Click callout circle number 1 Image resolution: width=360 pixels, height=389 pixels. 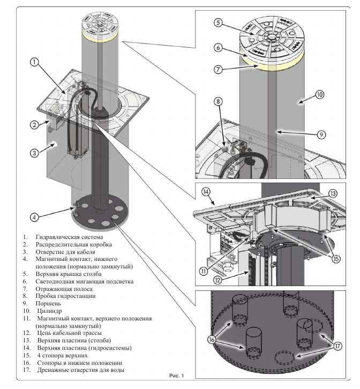[34, 62]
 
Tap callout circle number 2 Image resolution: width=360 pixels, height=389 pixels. [33, 125]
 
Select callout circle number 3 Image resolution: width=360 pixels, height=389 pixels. [34, 152]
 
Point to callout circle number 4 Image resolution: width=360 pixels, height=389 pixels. [34, 217]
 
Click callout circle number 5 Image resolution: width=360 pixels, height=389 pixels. [217, 23]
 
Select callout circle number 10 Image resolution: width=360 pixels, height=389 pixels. [320, 94]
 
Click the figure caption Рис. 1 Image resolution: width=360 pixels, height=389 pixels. [176, 375]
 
